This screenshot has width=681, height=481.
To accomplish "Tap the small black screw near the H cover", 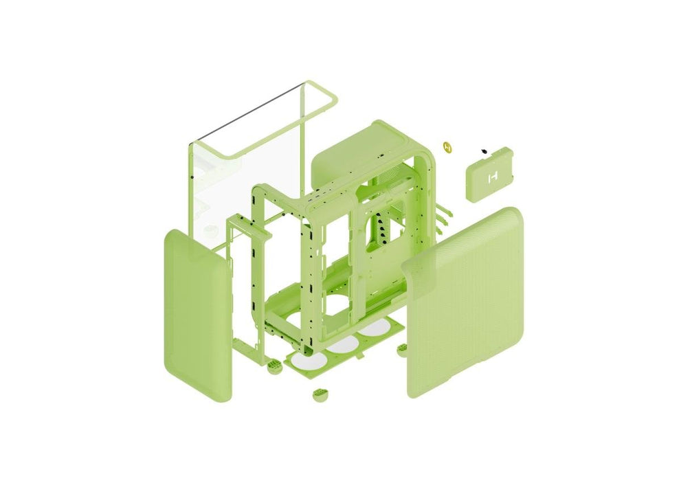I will coord(484,150).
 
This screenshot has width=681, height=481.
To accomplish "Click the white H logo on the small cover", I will coord(491,178).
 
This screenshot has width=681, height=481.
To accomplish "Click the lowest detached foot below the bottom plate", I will coord(320,396).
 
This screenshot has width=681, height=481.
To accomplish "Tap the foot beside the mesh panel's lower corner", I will coord(402,350).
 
